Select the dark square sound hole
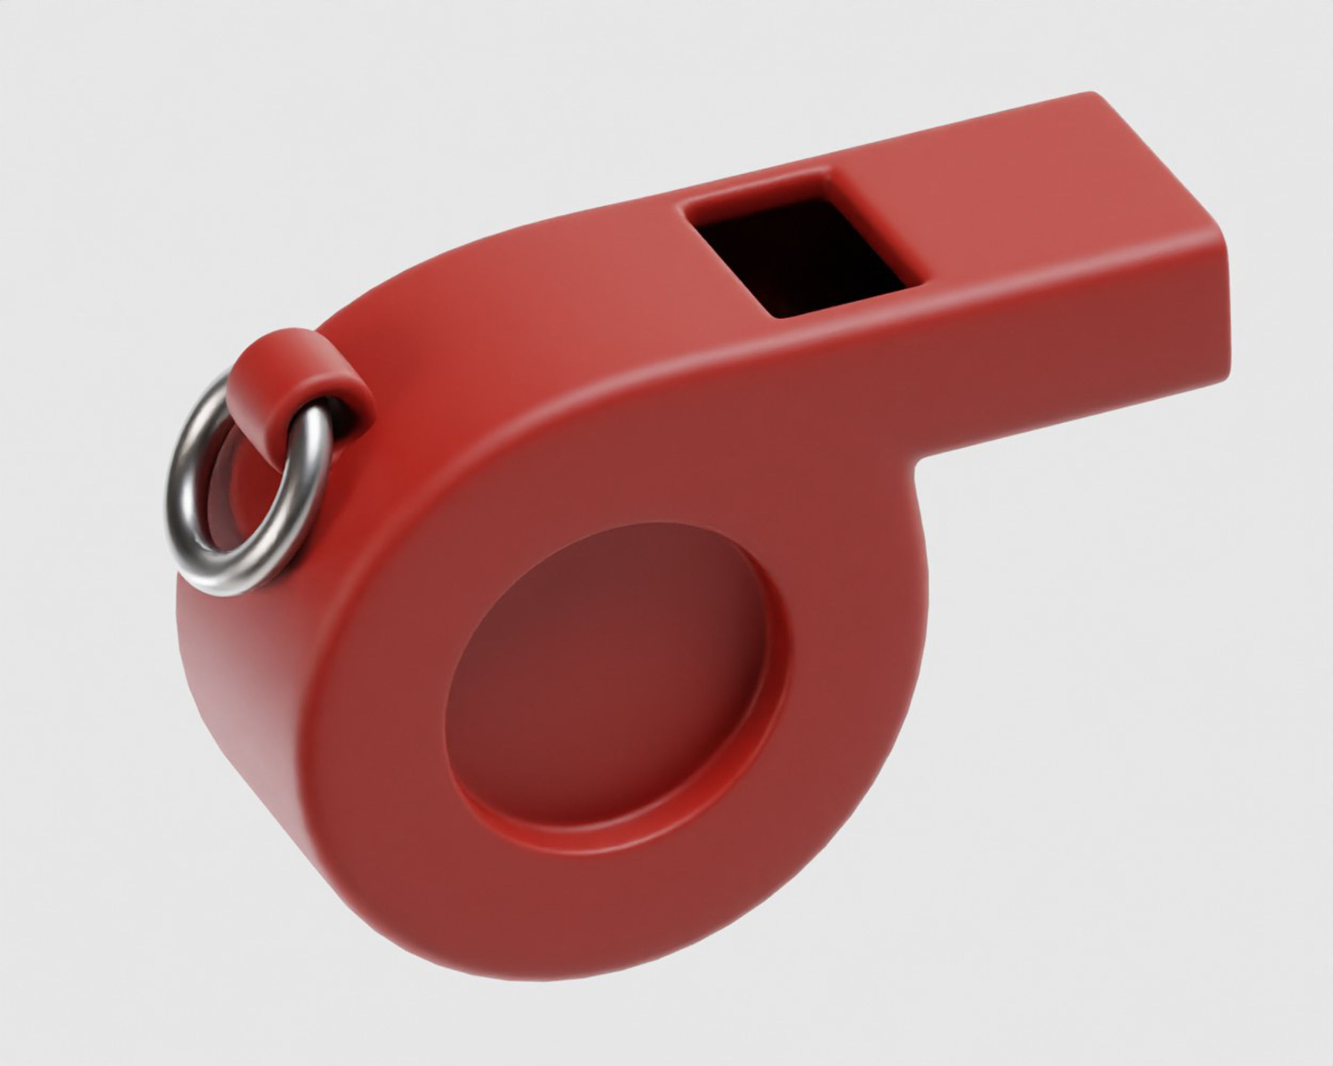pos(804,256)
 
